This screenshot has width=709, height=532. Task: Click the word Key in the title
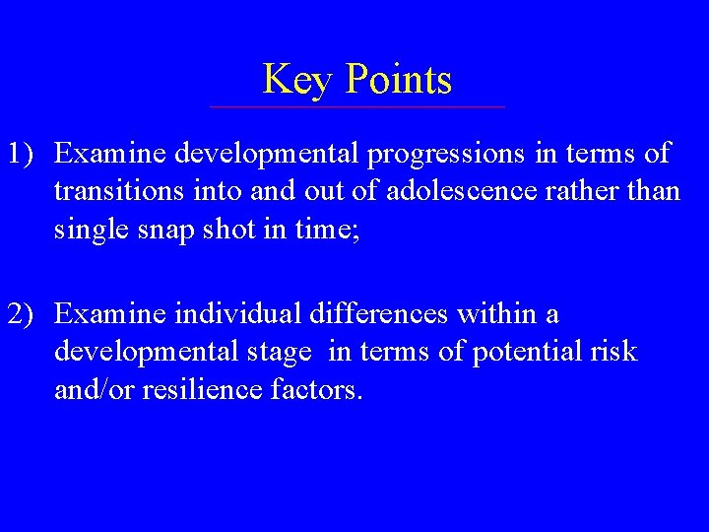[292, 80]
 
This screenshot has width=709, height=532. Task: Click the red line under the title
[356, 106]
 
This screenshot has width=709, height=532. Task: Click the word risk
[615, 352]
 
